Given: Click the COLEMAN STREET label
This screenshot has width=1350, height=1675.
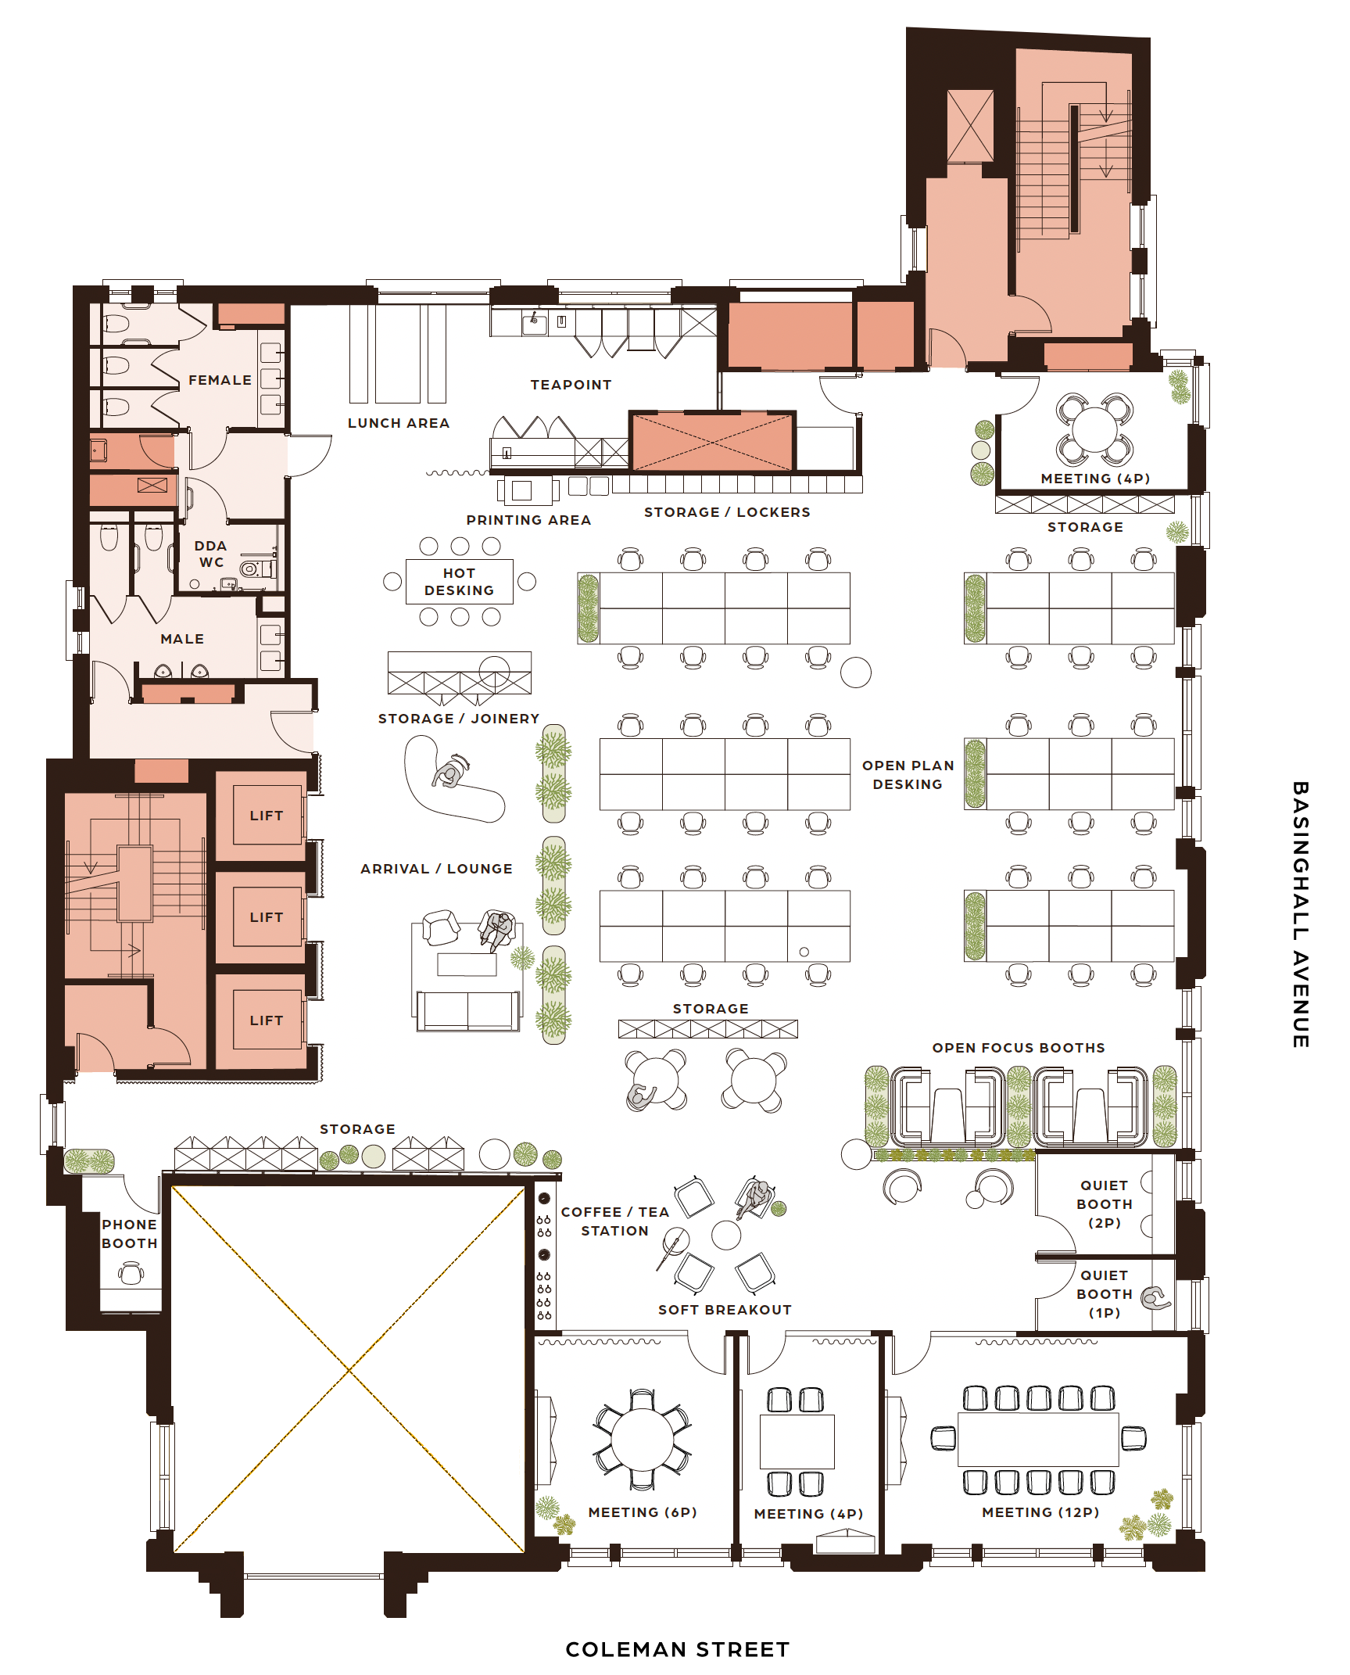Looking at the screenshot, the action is pyautogui.click(x=677, y=1649).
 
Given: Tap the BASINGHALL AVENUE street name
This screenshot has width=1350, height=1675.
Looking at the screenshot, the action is pyautogui.click(x=1300, y=914).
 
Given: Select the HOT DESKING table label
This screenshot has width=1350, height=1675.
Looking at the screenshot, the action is pyautogui.click(x=459, y=582).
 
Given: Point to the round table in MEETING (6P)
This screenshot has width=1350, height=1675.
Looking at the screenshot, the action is pyautogui.click(x=642, y=1440).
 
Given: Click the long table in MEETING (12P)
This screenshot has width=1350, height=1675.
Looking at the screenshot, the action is pyautogui.click(x=1038, y=1440).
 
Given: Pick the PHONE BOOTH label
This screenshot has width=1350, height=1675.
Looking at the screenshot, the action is pyautogui.click(x=130, y=1234).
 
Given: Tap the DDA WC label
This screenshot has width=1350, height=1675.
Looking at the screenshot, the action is pyautogui.click(x=210, y=554).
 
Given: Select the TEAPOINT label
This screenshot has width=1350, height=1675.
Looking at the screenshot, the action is pyautogui.click(x=571, y=385).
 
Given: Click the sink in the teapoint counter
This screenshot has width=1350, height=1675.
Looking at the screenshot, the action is pyautogui.click(x=535, y=322).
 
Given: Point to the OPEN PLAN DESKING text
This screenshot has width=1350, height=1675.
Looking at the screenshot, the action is pyautogui.click(x=908, y=775).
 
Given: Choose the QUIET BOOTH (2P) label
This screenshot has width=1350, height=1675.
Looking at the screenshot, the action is pyautogui.click(x=1104, y=1204).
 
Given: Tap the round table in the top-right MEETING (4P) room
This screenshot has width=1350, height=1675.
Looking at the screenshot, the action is pyautogui.click(x=1094, y=429).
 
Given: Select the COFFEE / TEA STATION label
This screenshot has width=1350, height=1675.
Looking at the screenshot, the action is pyautogui.click(x=615, y=1221).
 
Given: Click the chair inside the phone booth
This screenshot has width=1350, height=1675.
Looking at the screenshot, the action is pyautogui.click(x=131, y=1275).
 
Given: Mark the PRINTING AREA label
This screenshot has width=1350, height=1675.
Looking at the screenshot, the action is pyautogui.click(x=528, y=520).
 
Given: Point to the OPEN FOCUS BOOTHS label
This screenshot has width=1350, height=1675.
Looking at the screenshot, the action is pyautogui.click(x=1019, y=1048).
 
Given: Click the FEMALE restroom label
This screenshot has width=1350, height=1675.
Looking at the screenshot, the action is pyautogui.click(x=220, y=380).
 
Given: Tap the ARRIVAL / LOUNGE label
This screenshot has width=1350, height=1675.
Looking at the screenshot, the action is pyautogui.click(x=436, y=869).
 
